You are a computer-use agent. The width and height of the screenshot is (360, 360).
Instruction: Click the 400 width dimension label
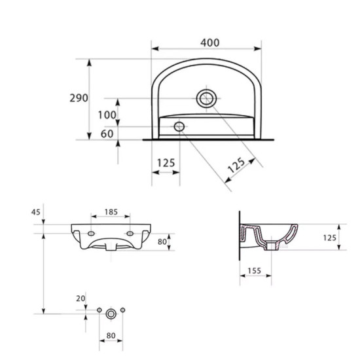click(209, 43)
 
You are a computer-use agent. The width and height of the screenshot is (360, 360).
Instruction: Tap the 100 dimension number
click(108, 115)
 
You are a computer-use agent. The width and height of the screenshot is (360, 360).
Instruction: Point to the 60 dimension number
click(107, 134)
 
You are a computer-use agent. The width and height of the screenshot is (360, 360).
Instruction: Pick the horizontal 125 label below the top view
click(166, 163)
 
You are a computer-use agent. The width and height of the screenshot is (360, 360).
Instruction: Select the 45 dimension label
click(35, 211)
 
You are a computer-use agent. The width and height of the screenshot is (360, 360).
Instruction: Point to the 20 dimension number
click(81, 298)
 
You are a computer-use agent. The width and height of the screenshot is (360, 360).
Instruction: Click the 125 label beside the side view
click(329, 238)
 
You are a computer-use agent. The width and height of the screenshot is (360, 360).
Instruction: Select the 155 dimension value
click(255, 269)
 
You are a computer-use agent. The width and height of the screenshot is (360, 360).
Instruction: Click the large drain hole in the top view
click(206, 99)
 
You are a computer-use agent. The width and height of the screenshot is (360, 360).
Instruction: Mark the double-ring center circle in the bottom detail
click(111, 314)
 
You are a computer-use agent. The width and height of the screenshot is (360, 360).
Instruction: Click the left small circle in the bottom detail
click(99, 310)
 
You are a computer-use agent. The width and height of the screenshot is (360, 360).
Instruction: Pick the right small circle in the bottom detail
click(122, 310)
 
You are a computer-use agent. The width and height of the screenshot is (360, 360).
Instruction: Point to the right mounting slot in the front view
click(130, 233)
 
